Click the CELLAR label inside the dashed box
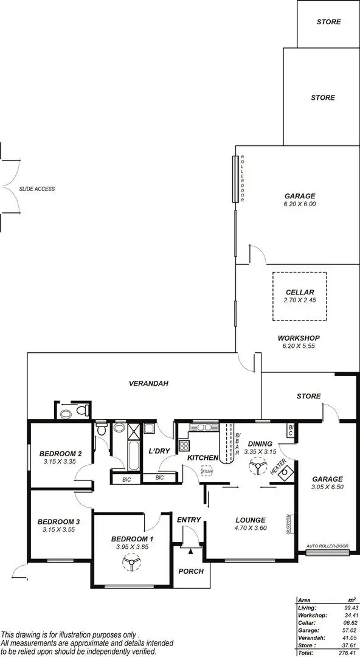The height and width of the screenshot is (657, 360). (x=299, y=293)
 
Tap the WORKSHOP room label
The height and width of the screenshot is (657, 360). (x=299, y=338)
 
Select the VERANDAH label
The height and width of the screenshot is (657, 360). (x=148, y=384)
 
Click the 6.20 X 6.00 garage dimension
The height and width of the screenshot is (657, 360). (x=299, y=204)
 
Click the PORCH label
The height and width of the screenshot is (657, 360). (x=190, y=571)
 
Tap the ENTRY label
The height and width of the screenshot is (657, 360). (x=189, y=520)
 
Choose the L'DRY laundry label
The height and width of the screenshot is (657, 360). (x=159, y=451)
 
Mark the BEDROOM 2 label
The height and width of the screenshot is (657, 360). (x=60, y=453)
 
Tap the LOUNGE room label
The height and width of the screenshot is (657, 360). (x=250, y=520)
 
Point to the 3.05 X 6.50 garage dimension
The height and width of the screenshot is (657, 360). (x=328, y=487)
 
